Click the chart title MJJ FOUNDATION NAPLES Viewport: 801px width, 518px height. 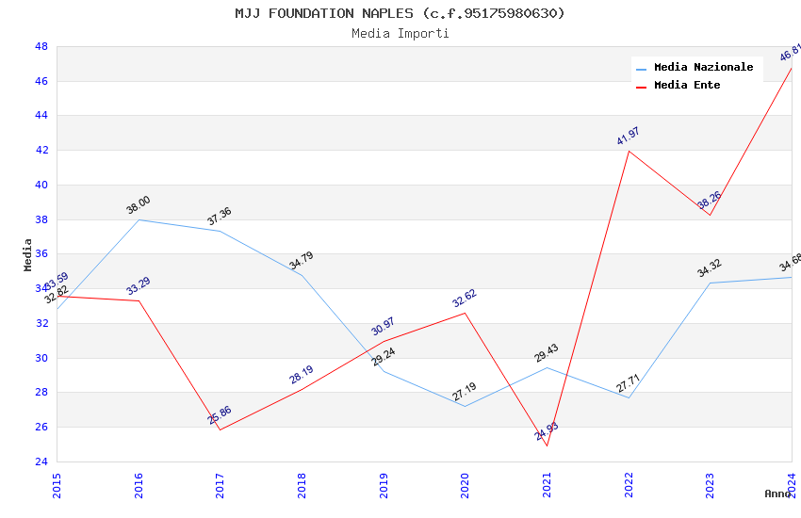click(x=400, y=13)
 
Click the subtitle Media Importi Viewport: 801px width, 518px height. click(x=400, y=33)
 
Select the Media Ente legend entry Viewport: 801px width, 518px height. click(x=687, y=86)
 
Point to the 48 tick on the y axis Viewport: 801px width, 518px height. click(x=41, y=46)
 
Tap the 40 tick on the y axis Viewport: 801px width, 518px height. click(x=41, y=185)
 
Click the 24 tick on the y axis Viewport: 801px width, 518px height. click(x=41, y=461)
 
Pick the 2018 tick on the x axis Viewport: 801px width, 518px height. click(x=302, y=485)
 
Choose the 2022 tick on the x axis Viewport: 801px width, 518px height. click(x=629, y=485)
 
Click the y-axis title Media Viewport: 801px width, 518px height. click(x=28, y=254)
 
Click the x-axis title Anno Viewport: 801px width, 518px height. click(x=777, y=494)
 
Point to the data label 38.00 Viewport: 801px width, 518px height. click(x=138, y=205)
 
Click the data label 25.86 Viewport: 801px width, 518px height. click(x=220, y=415)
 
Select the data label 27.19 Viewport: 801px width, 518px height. click(x=465, y=392)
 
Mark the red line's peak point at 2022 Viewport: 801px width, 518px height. click(x=629, y=151)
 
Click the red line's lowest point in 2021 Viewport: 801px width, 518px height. click(x=547, y=445)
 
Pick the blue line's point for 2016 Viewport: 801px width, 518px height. click(x=139, y=219)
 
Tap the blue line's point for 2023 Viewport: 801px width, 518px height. click(x=710, y=283)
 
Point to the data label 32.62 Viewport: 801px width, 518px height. click(x=465, y=299)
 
